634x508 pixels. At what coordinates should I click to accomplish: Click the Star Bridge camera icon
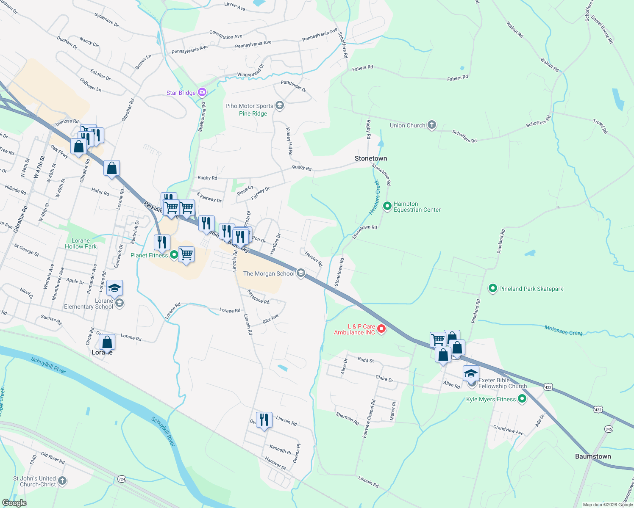(202, 92)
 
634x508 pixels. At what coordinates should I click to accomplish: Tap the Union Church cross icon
(431, 125)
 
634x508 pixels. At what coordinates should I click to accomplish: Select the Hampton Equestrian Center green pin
(387, 206)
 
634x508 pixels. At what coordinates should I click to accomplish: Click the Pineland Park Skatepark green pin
(492, 288)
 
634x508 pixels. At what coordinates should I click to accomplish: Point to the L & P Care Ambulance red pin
(381, 329)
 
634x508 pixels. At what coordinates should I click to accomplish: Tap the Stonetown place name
(370, 158)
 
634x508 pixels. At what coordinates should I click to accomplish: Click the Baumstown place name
(593, 456)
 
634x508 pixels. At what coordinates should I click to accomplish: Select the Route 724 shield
(122, 479)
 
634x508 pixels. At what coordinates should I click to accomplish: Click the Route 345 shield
(609, 429)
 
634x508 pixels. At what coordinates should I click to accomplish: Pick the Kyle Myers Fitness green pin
(522, 399)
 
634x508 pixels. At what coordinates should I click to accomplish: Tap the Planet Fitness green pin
(174, 255)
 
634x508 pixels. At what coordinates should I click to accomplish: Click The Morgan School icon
(300, 273)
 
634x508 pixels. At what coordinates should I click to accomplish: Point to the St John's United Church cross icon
(62, 480)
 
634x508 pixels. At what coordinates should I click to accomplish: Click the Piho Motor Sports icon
(279, 105)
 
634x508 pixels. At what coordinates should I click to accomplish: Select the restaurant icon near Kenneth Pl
(264, 420)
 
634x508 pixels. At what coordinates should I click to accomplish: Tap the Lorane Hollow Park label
(81, 243)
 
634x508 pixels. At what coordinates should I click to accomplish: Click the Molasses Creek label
(563, 331)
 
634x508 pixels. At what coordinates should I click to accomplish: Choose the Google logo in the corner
(14, 503)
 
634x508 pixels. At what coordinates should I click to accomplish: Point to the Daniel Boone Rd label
(602, 30)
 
